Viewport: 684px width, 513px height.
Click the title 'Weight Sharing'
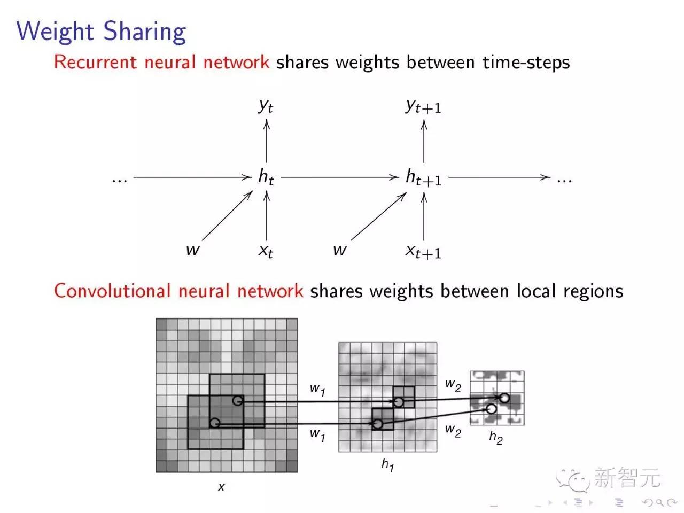[102, 32]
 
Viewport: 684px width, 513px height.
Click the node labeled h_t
[266, 177]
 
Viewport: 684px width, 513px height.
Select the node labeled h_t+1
[423, 177]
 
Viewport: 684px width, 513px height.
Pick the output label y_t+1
[423, 106]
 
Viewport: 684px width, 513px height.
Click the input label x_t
[266, 250]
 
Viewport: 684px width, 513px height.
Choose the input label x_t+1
[423, 251]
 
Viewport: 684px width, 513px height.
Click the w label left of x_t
[192, 250]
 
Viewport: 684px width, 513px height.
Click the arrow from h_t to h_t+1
[340, 177]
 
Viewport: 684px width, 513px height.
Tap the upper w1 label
[317, 389]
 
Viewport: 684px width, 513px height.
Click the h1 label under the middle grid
[388, 464]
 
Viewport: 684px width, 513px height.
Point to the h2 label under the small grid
[496, 438]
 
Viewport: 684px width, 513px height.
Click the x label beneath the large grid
[221, 487]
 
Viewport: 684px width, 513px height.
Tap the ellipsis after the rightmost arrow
[564, 180]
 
